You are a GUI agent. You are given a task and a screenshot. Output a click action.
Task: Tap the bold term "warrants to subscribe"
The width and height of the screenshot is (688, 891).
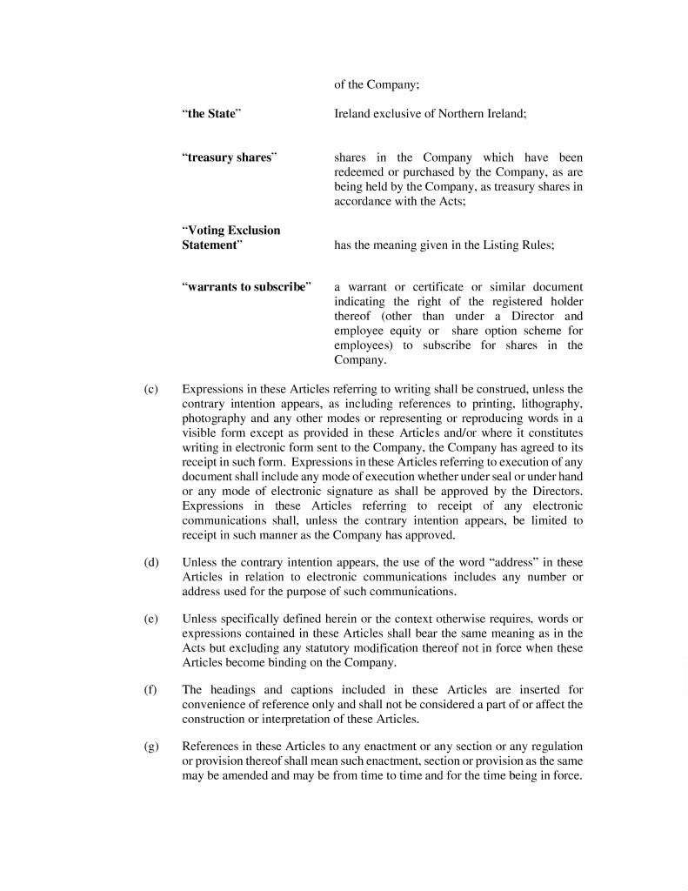point(246,287)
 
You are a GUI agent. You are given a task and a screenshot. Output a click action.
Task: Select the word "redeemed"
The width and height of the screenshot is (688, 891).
point(361,172)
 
